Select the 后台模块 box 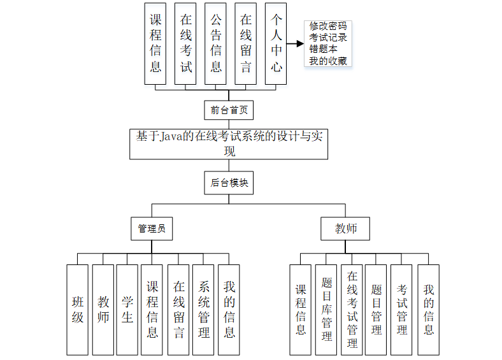pos(229,182)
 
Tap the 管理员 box pos(152,229)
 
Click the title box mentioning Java pos(229,144)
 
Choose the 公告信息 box pos(216,43)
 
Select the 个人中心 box pos(276,43)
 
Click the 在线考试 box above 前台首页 pos(185,43)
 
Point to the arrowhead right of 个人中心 pos(298,45)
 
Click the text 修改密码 pos(328,27)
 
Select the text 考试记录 pos(328,38)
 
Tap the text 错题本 pos(324,50)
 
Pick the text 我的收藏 pos(328,61)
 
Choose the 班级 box pos(77,310)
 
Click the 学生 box pos(127,310)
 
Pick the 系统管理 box pos(204,310)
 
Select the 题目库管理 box pos(327,310)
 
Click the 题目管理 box pos(376,310)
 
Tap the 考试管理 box pos(402,310)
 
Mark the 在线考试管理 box pos(352,310)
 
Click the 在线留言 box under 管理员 pos(179,310)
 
